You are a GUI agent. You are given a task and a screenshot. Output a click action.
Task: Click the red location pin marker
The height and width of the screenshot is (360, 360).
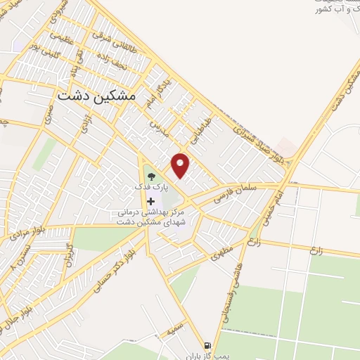[x=181, y=165]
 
